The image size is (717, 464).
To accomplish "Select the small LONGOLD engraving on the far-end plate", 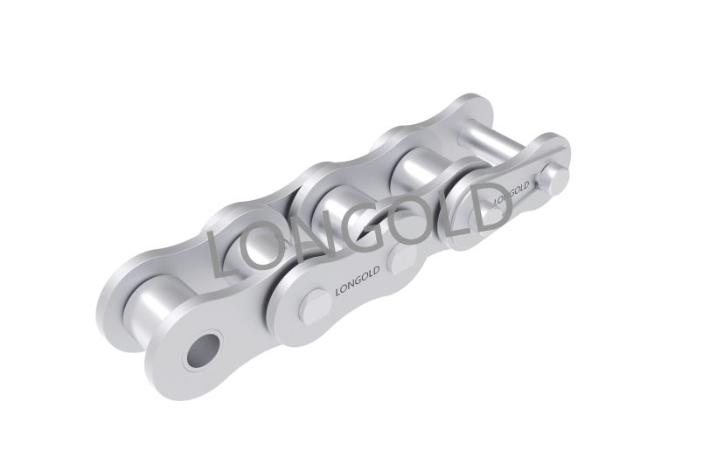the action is pyautogui.click(x=512, y=192).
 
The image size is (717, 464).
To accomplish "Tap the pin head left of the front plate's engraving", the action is pyautogui.click(x=317, y=304).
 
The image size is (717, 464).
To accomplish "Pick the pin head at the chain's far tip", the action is pyautogui.click(x=554, y=177).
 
